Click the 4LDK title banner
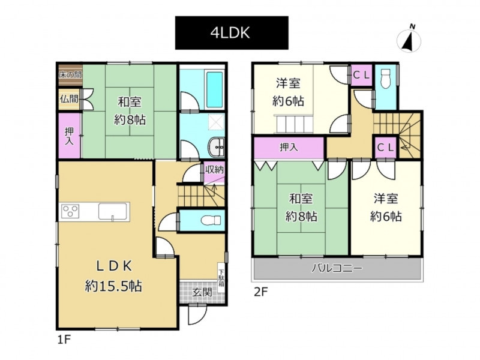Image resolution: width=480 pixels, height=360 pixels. coord(232,33)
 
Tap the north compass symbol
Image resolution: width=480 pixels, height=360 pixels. coord(409,40)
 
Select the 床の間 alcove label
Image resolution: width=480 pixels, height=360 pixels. coord(70,74)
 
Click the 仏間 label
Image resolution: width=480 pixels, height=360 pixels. coord(69,99)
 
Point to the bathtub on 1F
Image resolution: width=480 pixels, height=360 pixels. coord(214,89)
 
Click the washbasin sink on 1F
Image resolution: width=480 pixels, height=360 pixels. coord(217,147)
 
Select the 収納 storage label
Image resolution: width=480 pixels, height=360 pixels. coord(214,169)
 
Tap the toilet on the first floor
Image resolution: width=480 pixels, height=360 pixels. coord(211,220)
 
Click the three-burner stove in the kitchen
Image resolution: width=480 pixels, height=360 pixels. coord(70,211)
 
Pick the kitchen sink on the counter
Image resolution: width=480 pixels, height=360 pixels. coord(113,211)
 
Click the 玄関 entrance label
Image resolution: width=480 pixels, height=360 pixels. coord(202,292)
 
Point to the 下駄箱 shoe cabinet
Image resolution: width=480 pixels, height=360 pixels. coord(221,277)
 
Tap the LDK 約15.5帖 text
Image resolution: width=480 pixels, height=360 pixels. coord(113,276)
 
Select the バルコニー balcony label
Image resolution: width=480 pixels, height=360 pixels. coord(337,268)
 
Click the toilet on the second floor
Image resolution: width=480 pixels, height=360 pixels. coord(385,79)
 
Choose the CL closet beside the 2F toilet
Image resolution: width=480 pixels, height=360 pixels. coord(362,75)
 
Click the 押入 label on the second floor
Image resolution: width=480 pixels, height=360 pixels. coord(289,148)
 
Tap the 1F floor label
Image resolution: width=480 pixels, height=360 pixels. coord(64,340)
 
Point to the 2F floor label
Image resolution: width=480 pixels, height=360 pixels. coord(260,292)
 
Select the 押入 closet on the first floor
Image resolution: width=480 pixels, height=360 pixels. coord(69,136)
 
